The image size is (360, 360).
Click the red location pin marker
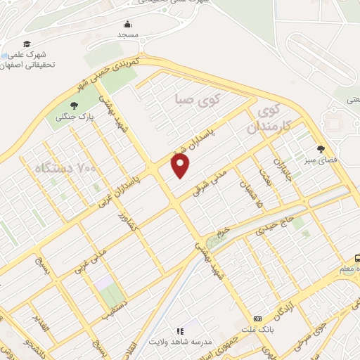point(181,166)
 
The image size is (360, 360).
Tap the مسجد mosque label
point(128,34)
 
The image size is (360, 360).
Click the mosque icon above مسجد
point(128,25)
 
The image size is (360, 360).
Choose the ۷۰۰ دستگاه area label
point(64,168)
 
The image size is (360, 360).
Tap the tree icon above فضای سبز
point(322,148)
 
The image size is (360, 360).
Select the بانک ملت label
point(256,329)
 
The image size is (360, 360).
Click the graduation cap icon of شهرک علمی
point(26,44)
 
